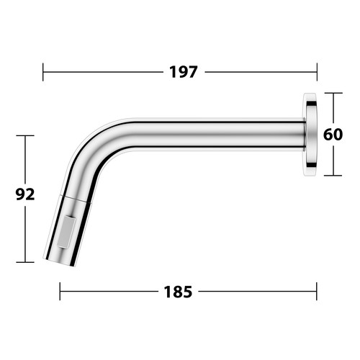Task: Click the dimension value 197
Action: tap(184, 72)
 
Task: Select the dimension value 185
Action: tap(178, 292)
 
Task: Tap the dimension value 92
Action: tap(25, 194)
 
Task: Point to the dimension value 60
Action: tap(333, 135)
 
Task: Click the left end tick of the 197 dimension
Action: tap(43, 72)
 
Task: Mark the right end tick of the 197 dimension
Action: tap(317, 72)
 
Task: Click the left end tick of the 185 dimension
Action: tap(60, 292)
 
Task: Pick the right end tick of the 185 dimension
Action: tap(317, 292)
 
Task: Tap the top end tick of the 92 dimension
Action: tap(25, 135)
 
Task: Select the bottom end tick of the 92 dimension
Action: tap(25, 262)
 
